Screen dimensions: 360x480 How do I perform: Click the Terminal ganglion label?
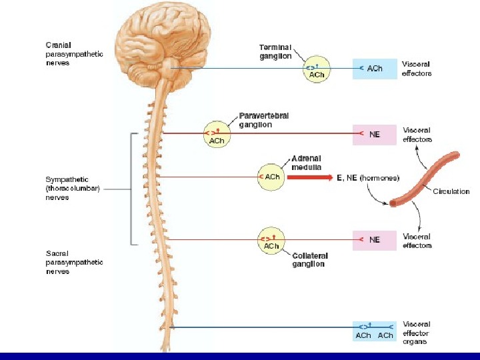pyautogui.click(x=275, y=52)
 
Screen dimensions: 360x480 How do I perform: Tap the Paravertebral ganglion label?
pyautogui.click(x=264, y=120)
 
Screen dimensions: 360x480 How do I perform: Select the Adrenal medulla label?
pyautogui.click(x=306, y=163)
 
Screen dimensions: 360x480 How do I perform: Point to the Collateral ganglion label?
pyautogui.click(x=308, y=259)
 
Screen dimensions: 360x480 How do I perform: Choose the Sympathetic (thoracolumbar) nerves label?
pyautogui.click(x=71, y=188)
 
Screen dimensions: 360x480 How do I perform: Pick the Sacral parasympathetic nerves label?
pyautogui.click(x=74, y=262)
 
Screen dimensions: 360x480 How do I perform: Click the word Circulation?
pyautogui.click(x=451, y=192)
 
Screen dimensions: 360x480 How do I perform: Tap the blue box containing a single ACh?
pyautogui.click(x=375, y=69)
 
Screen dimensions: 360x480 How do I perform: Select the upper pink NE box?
pyautogui.click(x=375, y=134)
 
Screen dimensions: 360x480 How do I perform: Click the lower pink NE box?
pyautogui.click(x=375, y=239)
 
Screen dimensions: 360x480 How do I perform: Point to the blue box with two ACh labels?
pyautogui.click(x=375, y=331)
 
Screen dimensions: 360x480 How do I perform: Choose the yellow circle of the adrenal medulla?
pyautogui.click(x=271, y=177)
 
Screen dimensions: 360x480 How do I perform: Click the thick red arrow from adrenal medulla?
pyautogui.click(x=311, y=177)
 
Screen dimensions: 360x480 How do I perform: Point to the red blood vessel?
pyautogui.click(x=425, y=179)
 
